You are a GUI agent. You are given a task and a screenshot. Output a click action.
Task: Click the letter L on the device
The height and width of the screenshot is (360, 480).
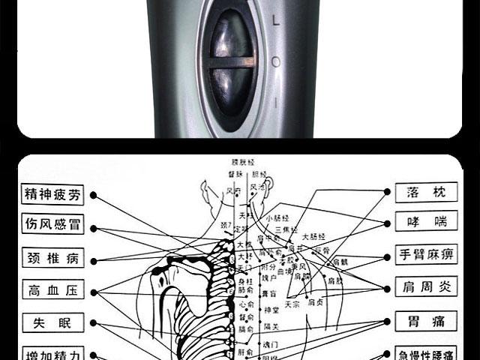coord(276,22)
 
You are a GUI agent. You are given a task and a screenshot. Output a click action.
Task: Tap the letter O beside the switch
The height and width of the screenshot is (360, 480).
coord(277,61)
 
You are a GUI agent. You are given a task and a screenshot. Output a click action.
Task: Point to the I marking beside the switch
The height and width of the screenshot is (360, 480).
coord(277,100)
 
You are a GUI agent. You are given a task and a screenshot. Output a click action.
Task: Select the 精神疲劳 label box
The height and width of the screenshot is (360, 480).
coord(52,194)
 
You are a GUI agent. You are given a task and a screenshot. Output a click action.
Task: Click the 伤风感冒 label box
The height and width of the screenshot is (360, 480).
coord(52,226)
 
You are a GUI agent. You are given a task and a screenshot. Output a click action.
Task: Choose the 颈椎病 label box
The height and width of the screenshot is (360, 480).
coord(52,259)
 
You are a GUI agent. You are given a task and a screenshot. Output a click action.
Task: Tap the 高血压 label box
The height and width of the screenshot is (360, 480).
coord(52,291)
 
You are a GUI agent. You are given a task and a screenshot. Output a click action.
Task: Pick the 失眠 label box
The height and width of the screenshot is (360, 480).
coord(52,323)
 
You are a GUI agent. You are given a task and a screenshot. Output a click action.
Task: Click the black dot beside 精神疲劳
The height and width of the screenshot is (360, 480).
coord(93,195)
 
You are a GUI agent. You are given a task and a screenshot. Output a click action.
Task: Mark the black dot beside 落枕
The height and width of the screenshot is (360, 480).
coord(387,192)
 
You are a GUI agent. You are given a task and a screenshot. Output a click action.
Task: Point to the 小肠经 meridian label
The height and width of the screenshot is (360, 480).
coord(277,218)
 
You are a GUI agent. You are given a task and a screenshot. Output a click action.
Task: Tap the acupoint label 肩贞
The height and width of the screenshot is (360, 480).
coord(316,302)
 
